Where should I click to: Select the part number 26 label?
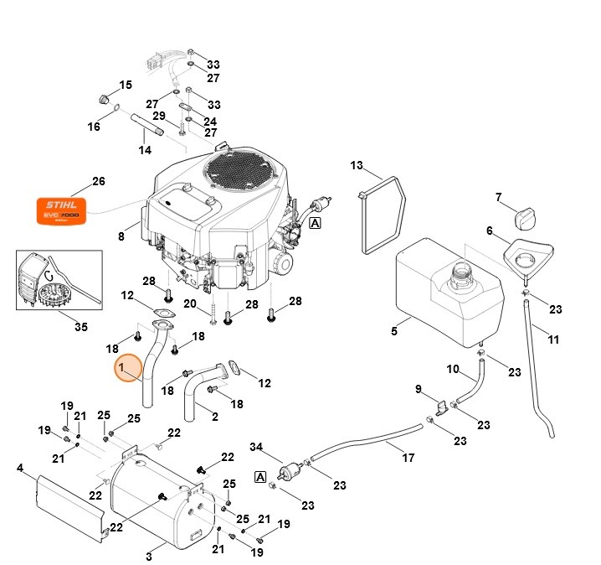(x=99, y=182)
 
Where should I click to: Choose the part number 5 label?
(x=394, y=331)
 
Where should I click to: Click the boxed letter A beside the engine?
(x=315, y=223)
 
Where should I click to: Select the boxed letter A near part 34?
(x=259, y=478)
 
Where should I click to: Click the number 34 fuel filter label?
(x=256, y=446)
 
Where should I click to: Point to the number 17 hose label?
(x=408, y=458)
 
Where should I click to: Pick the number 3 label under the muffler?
(x=149, y=556)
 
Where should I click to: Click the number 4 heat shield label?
(x=20, y=468)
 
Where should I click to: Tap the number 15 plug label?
(x=126, y=86)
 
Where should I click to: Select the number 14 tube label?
(x=145, y=150)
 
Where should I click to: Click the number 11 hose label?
(x=553, y=339)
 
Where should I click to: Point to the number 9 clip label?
(x=419, y=389)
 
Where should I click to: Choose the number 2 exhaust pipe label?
(x=214, y=416)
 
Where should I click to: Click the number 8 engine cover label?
(x=121, y=237)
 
